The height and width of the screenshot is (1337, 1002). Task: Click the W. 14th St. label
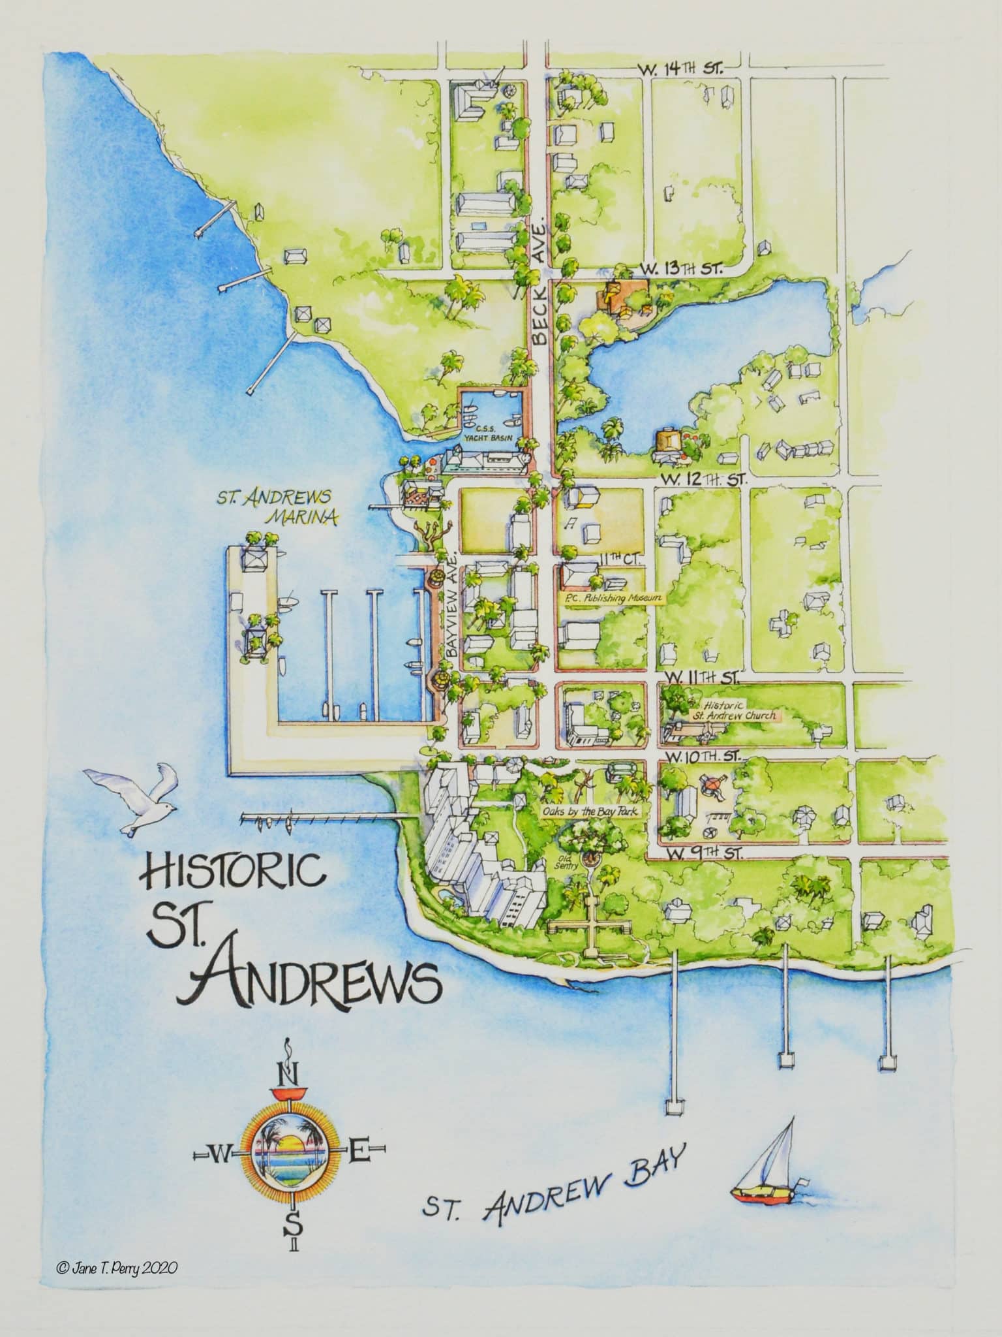677,70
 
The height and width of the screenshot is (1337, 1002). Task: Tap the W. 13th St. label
676,268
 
